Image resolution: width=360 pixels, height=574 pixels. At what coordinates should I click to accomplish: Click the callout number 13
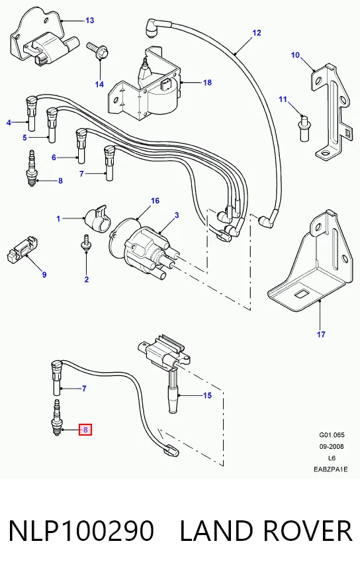click(x=89, y=21)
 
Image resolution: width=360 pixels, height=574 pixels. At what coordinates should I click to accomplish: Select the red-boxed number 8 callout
click(x=85, y=430)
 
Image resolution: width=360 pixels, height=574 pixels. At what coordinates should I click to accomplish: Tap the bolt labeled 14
click(x=97, y=51)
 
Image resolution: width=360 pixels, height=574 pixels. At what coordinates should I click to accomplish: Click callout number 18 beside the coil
click(x=207, y=82)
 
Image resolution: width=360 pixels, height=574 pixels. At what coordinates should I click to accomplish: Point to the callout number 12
click(x=257, y=32)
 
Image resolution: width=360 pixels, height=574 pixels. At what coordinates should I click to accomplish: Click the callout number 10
click(x=295, y=55)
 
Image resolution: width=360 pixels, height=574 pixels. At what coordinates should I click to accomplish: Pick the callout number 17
click(x=321, y=334)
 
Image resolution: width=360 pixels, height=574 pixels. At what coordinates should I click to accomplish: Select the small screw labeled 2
click(x=86, y=243)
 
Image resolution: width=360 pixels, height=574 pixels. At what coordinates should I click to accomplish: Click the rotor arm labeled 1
click(x=97, y=218)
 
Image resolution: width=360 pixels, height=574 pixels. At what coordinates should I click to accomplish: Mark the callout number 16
click(x=155, y=201)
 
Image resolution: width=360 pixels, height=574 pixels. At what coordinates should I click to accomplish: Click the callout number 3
click(x=177, y=215)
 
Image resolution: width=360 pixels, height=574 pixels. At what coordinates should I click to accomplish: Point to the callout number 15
click(x=207, y=395)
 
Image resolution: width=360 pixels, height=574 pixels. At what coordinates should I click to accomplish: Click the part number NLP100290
click(x=81, y=530)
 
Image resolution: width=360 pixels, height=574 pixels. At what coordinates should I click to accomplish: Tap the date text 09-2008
click(x=332, y=447)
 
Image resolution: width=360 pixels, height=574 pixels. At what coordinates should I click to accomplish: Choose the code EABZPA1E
click(x=331, y=469)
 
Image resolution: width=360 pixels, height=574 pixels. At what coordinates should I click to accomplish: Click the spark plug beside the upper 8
click(x=32, y=168)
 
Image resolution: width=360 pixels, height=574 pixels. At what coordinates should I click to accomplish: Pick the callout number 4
click(x=9, y=122)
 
